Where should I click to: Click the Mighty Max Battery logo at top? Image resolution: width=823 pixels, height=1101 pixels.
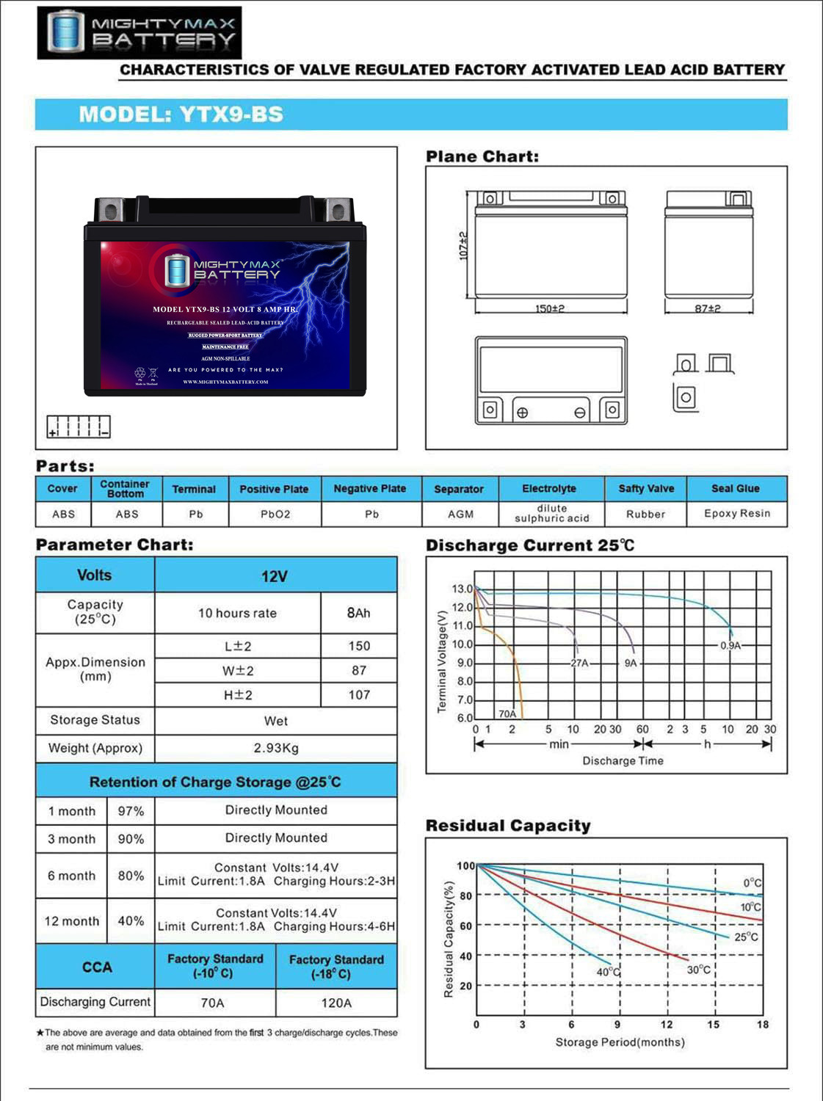(x=139, y=33)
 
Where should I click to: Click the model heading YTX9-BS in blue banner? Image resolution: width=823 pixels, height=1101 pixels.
(x=181, y=115)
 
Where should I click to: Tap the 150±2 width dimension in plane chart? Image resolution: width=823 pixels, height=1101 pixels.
(x=549, y=308)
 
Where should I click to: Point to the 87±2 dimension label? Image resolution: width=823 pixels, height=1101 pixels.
(x=708, y=308)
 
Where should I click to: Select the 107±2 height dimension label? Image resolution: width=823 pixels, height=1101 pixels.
(x=463, y=246)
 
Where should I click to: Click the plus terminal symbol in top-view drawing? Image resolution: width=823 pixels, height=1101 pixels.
(x=522, y=413)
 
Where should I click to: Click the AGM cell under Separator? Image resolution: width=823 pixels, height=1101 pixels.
(x=460, y=514)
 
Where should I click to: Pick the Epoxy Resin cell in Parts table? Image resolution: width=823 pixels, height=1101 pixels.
(x=736, y=513)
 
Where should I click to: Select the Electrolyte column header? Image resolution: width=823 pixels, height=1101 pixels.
(x=549, y=488)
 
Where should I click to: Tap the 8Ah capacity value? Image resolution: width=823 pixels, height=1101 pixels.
(x=358, y=613)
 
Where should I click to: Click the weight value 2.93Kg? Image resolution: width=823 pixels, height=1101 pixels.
(x=276, y=748)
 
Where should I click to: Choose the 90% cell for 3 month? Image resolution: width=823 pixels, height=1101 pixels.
(x=131, y=839)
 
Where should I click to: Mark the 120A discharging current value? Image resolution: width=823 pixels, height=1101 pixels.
(x=336, y=1003)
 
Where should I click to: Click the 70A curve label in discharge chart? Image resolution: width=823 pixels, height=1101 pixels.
(x=507, y=713)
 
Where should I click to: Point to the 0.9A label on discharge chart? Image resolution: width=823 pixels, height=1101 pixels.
(x=730, y=646)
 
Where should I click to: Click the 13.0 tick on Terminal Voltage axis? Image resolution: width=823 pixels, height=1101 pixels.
(x=462, y=589)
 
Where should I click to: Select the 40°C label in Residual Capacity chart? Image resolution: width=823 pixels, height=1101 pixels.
(x=608, y=972)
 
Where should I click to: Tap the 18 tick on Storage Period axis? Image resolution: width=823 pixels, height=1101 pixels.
(x=763, y=1025)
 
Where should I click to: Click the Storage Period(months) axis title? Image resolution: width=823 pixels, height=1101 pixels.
(x=620, y=1042)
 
